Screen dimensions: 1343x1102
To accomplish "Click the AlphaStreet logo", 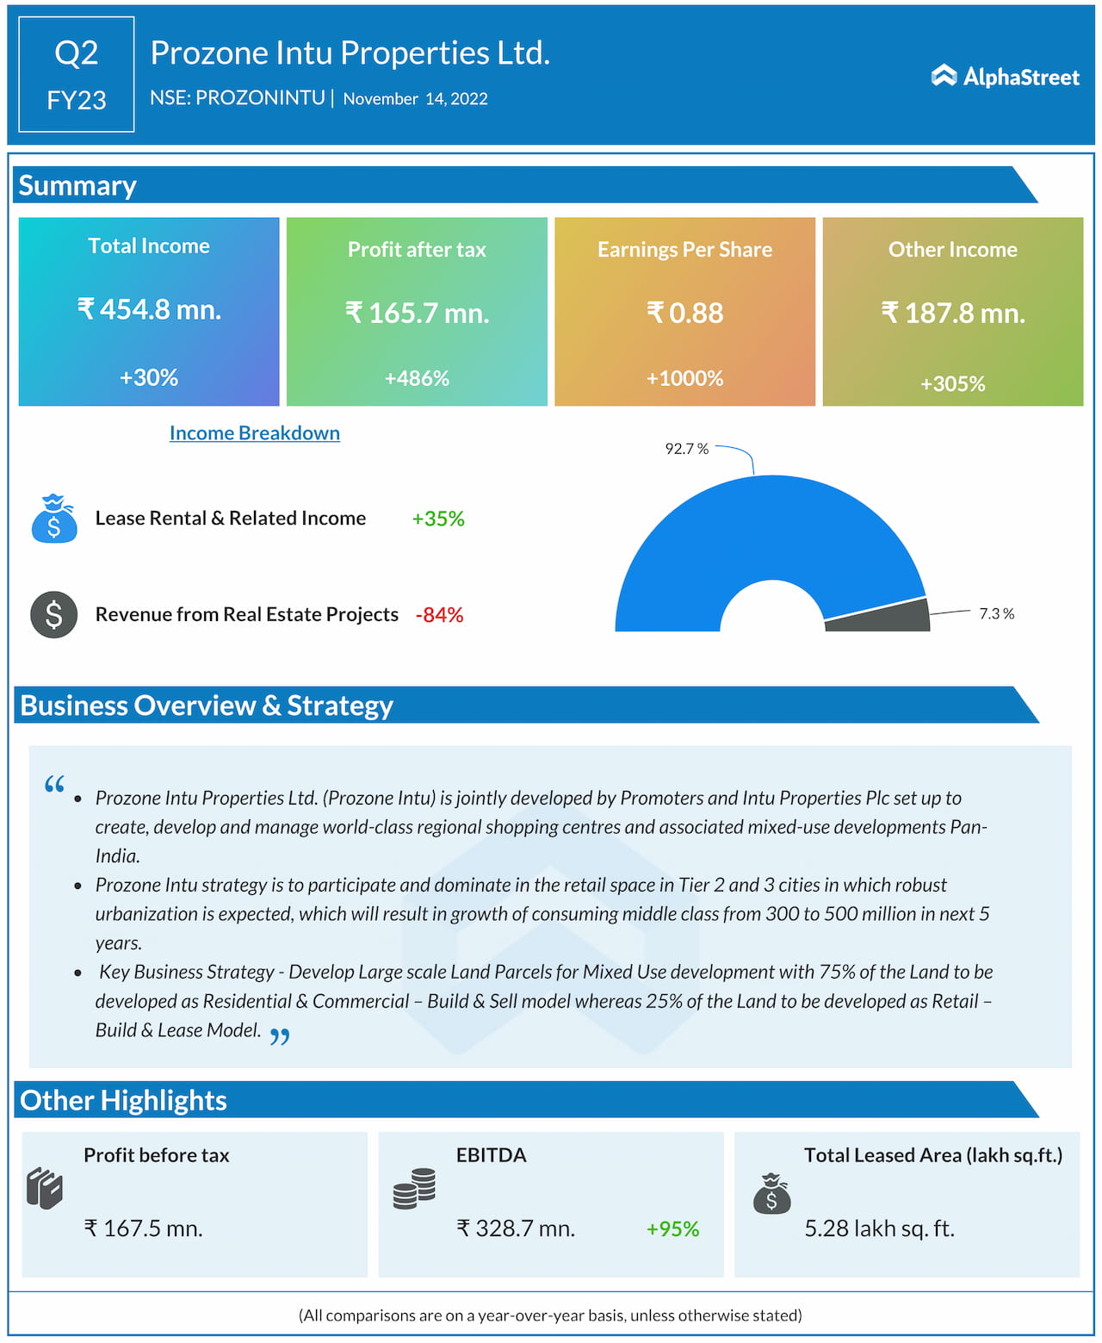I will (x=1005, y=77).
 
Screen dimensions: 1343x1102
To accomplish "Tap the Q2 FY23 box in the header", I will (x=77, y=74).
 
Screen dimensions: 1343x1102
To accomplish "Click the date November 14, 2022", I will (x=415, y=99).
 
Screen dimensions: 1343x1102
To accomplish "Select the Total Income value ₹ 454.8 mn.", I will (x=149, y=308).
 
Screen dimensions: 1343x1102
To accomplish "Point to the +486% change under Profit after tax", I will (x=417, y=378).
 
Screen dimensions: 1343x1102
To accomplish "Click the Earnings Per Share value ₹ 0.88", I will (x=684, y=313).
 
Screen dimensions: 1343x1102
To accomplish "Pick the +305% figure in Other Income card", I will (x=952, y=383).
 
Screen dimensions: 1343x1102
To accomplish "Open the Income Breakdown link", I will (x=254, y=432).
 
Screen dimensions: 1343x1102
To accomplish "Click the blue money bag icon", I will (x=53, y=519).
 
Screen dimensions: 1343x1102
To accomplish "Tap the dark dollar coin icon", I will (x=53, y=614).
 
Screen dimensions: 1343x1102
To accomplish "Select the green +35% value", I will (x=437, y=519).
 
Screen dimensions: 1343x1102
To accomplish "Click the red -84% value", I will (x=439, y=615).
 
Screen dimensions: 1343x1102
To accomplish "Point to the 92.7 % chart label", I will (x=686, y=449).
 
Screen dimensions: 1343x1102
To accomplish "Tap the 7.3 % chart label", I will (x=996, y=613).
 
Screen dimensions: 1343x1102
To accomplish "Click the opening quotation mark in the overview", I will (x=54, y=785).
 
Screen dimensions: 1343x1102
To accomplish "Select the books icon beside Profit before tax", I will (x=45, y=1189).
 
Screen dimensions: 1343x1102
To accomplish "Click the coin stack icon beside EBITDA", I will (x=414, y=1189).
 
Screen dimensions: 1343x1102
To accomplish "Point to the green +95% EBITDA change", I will (x=672, y=1228).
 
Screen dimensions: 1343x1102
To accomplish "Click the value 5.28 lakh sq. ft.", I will (x=879, y=1228).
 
